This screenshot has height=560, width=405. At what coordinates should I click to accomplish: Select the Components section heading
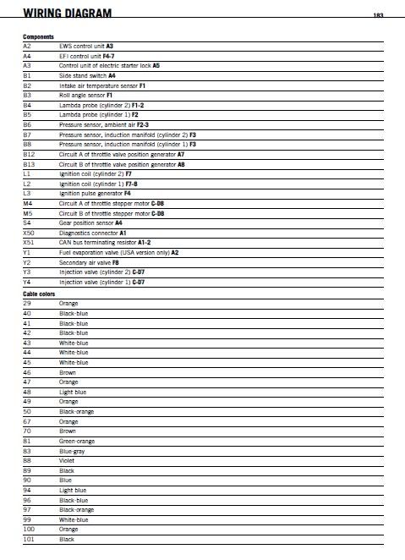pyautogui.click(x=38, y=37)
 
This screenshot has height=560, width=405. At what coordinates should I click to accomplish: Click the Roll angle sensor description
pyautogui.click(x=87, y=96)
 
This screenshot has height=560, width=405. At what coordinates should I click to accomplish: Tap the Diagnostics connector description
pyautogui.click(x=92, y=232)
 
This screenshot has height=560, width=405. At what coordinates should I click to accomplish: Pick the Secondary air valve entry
pyautogui.click(x=89, y=262)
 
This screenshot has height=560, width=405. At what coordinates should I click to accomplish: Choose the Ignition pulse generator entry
pyautogui.click(x=95, y=193)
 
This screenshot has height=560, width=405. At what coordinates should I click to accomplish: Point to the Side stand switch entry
pyautogui.click(x=87, y=75)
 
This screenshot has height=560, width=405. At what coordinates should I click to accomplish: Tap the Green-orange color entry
pyautogui.click(x=76, y=441)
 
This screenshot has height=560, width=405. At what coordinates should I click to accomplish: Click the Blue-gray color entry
pyautogui.click(x=72, y=451)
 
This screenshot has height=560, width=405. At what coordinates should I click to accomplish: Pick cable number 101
pyautogui.click(x=29, y=539)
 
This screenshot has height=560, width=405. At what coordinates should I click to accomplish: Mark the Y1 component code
pyautogui.click(x=27, y=252)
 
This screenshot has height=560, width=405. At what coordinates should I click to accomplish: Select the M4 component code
pyautogui.click(x=28, y=203)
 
